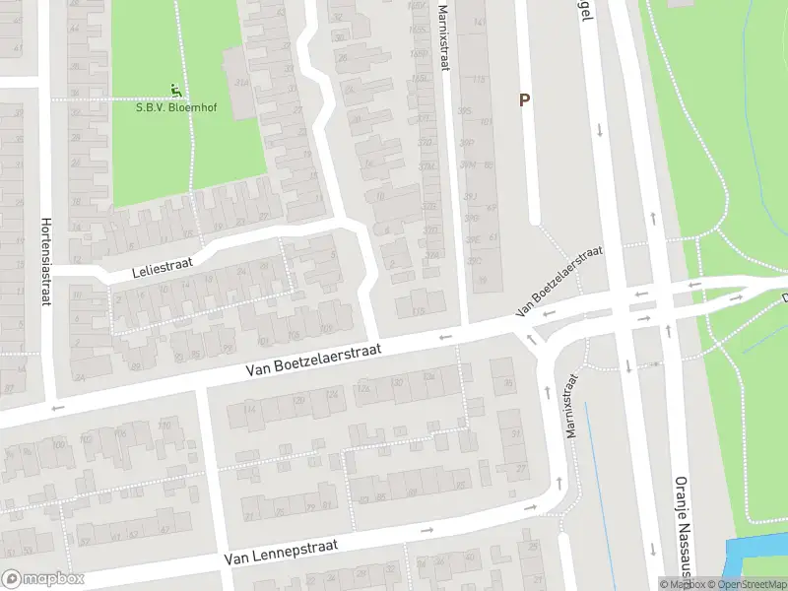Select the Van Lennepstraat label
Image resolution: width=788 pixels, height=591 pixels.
coord(281,550)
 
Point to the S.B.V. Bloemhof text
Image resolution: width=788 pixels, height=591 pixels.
coord(177,107)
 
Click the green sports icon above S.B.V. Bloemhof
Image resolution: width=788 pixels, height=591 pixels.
coord(177,91)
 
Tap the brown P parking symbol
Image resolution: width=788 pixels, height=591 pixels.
coord(525,99)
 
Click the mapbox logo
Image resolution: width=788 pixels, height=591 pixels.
coord(43,579)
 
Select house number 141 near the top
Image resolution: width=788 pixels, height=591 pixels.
coord(480,22)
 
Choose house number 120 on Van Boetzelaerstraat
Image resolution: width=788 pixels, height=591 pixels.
coord(365,386)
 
